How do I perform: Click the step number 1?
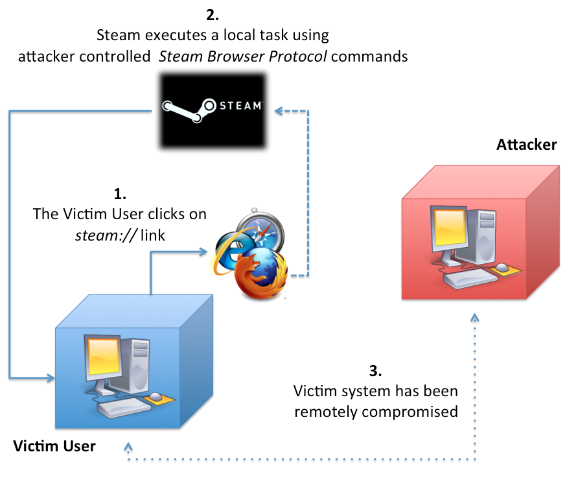tap(119, 194)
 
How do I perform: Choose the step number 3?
tap(375, 372)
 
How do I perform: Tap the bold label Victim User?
tap(54, 445)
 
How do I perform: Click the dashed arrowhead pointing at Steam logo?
tap(279, 111)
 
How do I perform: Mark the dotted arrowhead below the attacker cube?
tap(475, 317)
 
